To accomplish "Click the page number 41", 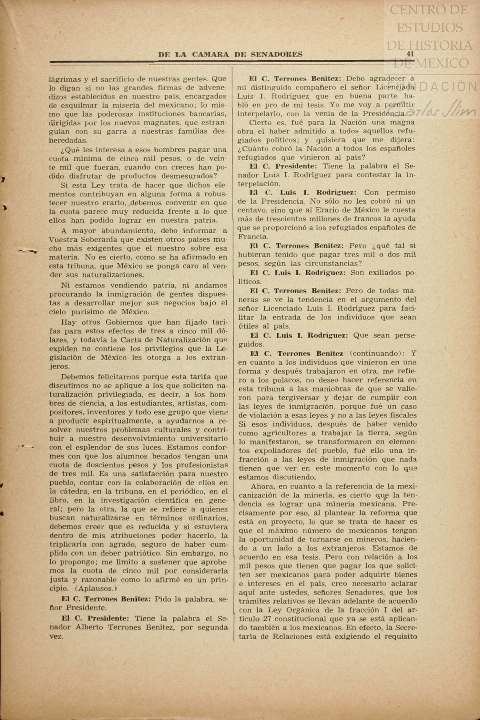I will coord(410,54).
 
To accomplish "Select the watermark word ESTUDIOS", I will coord(429,28).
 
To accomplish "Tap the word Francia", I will coord(251,237).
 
